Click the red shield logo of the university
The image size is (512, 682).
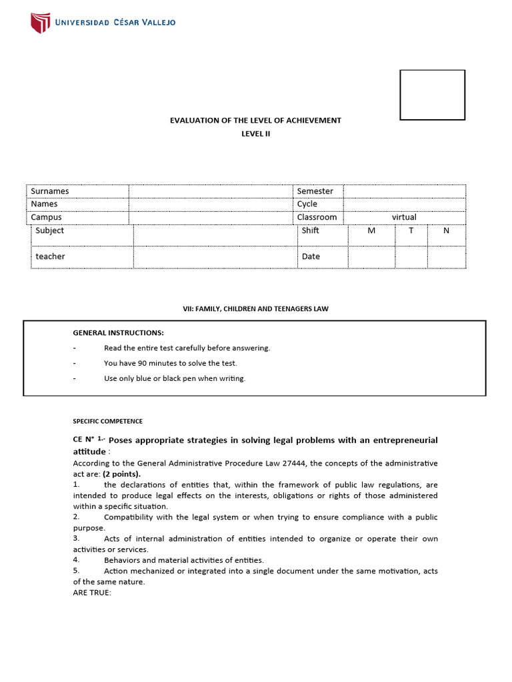pos(40,23)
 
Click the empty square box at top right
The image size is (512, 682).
pos(432,95)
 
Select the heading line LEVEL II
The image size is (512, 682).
pos(256,133)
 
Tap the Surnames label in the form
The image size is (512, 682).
pos(50,191)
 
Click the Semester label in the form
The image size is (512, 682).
pos(315,191)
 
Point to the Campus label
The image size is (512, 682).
pos(46,217)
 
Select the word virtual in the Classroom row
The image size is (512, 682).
pos(404,217)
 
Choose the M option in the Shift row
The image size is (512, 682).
pos(371,230)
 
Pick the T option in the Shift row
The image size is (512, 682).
pos(411,230)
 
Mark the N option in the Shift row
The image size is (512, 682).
pos(447,230)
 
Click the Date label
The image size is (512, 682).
pos(311,256)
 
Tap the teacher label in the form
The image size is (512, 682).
pos(51,256)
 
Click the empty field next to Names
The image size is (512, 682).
pos(211,204)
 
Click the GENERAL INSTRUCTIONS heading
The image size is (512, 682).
pos(118,332)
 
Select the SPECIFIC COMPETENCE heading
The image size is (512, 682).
pos(107,421)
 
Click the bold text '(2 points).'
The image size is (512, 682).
pos(121,474)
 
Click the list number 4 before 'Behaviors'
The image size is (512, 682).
pos(76,560)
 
